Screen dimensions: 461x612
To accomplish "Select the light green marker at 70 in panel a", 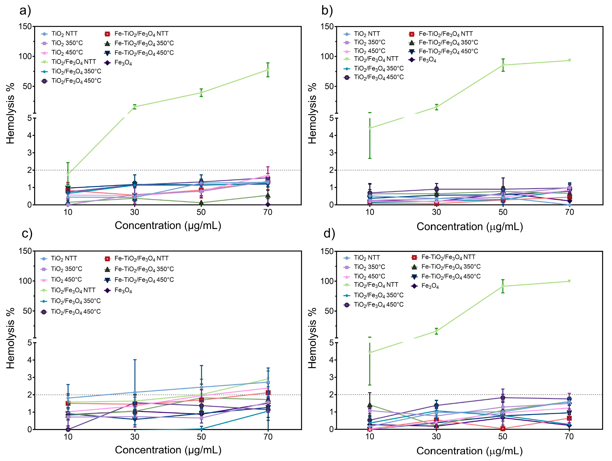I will pyautogui.click(x=268, y=69).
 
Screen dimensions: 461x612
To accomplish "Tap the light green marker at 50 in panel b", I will pyautogui.click(x=503, y=65).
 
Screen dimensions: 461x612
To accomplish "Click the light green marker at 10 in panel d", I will pyautogui.click(x=370, y=353).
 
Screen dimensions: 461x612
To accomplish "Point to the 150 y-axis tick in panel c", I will pyautogui.click(x=25, y=251).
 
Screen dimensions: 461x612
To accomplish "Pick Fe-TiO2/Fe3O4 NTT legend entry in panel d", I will pyautogui.click(x=448, y=257).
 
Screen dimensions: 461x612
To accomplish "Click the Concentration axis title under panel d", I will pyautogui.click(x=469, y=451).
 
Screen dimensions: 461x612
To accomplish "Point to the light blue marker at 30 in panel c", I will pyautogui.click(x=135, y=392).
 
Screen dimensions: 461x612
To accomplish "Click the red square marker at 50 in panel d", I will pyautogui.click(x=503, y=429).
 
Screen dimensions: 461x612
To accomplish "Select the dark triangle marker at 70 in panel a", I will pyautogui.click(x=268, y=195).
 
